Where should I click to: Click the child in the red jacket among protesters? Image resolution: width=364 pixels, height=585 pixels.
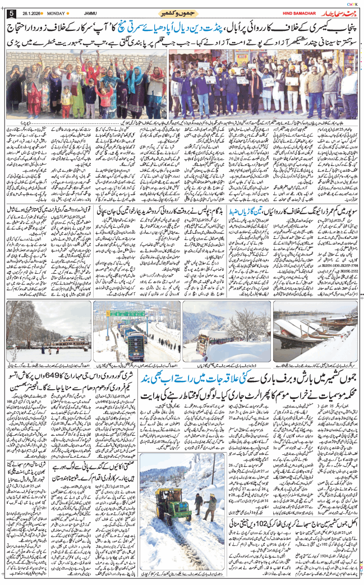point(104,98)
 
